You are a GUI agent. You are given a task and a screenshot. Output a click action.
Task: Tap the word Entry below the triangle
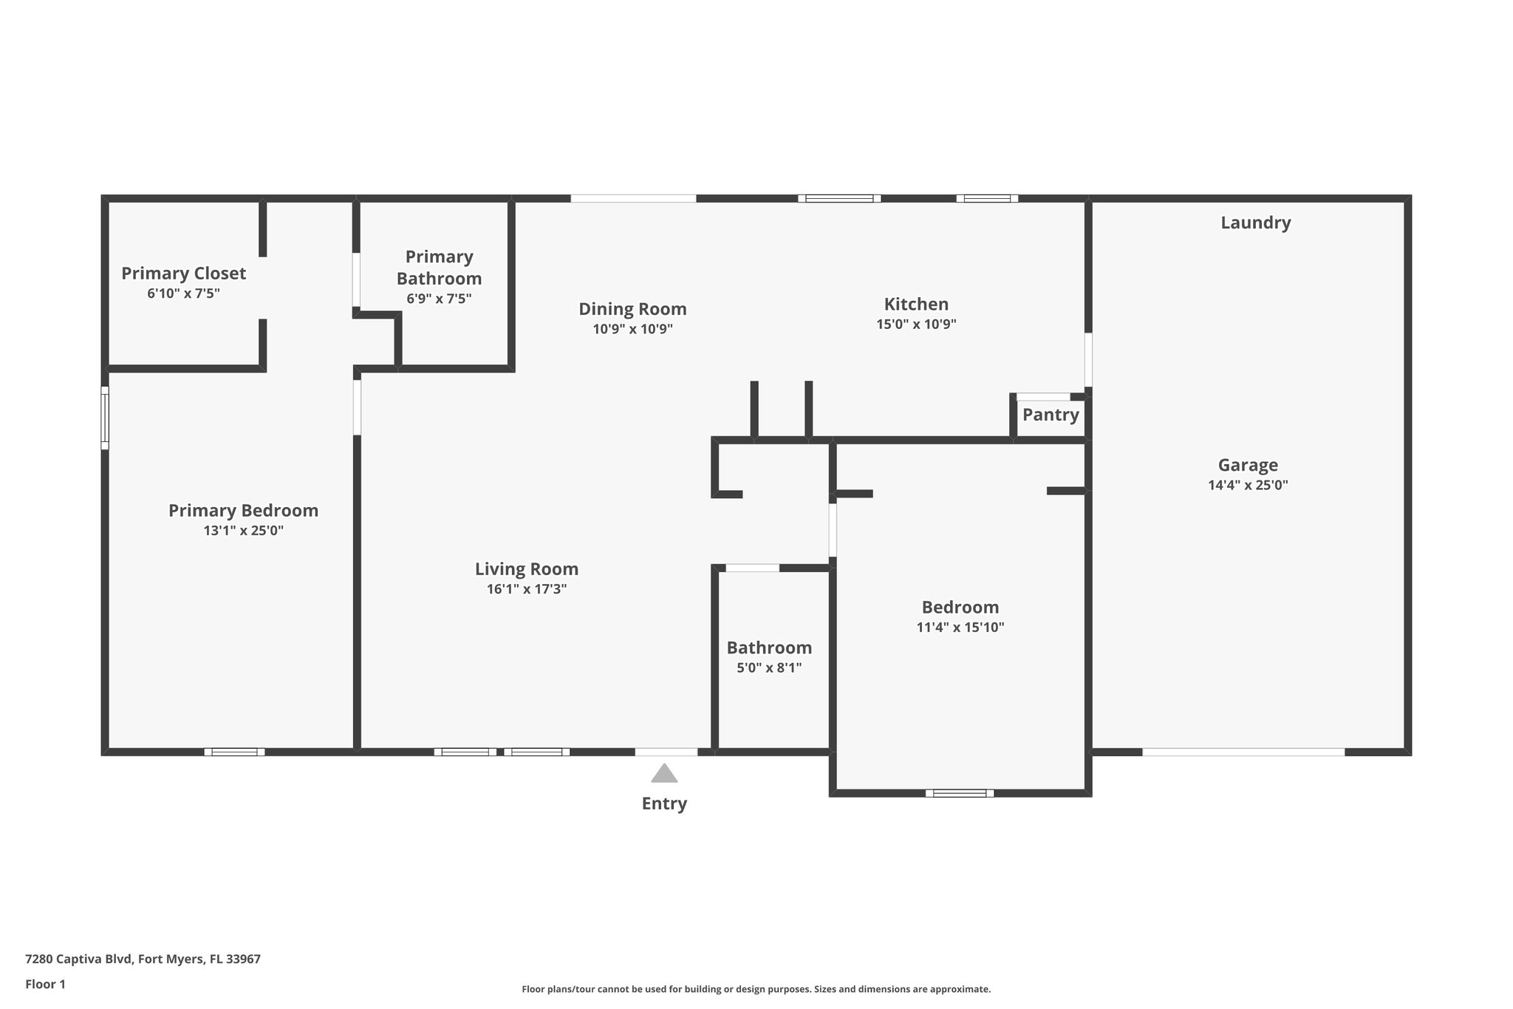pos(664,804)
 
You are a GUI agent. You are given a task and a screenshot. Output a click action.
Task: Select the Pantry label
pos(1051,415)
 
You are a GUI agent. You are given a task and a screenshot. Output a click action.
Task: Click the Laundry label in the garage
pos(1255,222)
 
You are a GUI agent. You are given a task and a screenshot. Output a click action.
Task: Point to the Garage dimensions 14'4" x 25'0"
pos(1248,486)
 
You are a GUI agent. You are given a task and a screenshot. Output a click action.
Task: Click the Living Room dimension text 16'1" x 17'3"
pos(527,589)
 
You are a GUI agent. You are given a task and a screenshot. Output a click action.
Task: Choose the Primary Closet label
pos(183,274)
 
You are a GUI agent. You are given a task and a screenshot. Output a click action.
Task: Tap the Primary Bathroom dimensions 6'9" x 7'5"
pos(439,299)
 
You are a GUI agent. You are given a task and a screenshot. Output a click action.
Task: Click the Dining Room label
pos(632,309)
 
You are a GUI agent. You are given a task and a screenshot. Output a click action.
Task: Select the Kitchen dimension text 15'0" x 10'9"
pos(916,324)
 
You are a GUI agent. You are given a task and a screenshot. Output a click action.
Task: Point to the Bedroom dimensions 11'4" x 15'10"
pos(960,628)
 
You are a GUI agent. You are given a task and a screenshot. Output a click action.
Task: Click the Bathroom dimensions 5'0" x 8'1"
pos(769,668)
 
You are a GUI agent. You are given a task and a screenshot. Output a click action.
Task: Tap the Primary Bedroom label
pos(243,511)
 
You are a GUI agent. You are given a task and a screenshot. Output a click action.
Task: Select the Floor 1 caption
pos(45,984)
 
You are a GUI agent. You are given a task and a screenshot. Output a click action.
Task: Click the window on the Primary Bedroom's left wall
pos(105,418)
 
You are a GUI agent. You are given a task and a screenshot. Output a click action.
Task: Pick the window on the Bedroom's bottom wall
pos(960,793)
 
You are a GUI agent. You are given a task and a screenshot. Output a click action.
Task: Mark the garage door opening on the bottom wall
pos(1243,752)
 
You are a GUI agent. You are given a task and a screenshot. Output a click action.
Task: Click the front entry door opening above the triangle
pos(666,752)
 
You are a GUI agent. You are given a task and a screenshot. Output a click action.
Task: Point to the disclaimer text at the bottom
pos(756,989)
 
